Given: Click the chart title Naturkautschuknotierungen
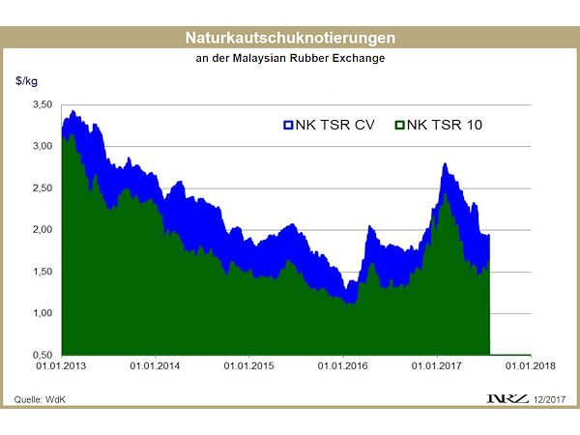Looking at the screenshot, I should click(290, 39).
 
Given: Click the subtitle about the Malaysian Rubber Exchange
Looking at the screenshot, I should click(290, 59).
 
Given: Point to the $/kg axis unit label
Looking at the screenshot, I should click(26, 81).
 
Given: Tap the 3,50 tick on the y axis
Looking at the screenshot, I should click(43, 103).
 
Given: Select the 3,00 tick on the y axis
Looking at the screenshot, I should click(43, 146).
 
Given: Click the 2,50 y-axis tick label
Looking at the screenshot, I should click(43, 188).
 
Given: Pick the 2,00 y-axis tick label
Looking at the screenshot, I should click(43, 230).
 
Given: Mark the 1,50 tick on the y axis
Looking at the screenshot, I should click(43, 272).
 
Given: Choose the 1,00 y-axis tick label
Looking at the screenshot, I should click(43, 314).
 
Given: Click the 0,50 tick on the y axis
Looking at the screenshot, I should click(43, 356).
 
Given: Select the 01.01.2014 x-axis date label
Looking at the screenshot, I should click(156, 366).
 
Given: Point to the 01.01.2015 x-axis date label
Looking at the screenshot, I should click(249, 366).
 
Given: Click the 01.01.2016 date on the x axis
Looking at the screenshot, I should click(343, 366).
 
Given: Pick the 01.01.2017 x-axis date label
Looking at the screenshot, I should click(437, 366).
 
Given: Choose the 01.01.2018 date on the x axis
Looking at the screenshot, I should click(531, 366).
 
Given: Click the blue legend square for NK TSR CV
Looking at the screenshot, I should click(287, 125).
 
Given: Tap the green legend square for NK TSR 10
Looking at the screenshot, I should click(399, 125).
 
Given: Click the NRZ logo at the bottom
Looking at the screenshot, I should click(505, 399).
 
